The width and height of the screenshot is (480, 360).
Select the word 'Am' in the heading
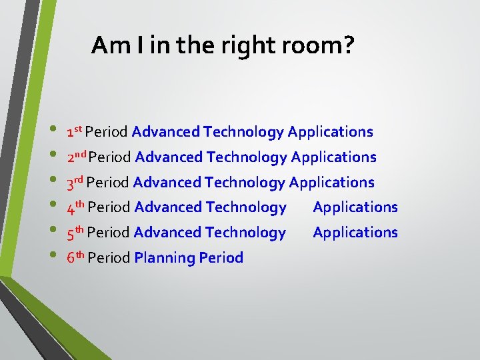point(107,45)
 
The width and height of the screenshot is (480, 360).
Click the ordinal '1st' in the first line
point(74,131)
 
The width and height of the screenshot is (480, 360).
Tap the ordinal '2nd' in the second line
point(76,157)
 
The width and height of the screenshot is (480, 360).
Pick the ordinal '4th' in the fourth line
point(75,207)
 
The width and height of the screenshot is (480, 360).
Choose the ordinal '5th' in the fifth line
point(75,233)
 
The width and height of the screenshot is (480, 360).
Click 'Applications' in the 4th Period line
point(355,207)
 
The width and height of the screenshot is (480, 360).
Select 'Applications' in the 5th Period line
point(355,233)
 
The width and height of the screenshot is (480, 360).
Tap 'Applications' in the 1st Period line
point(330,132)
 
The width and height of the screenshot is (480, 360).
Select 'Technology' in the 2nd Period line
point(247,157)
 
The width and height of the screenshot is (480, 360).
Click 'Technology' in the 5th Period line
point(245,233)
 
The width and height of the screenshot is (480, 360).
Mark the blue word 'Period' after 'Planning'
point(219,258)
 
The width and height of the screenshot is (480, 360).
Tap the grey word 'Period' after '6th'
point(109,258)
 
